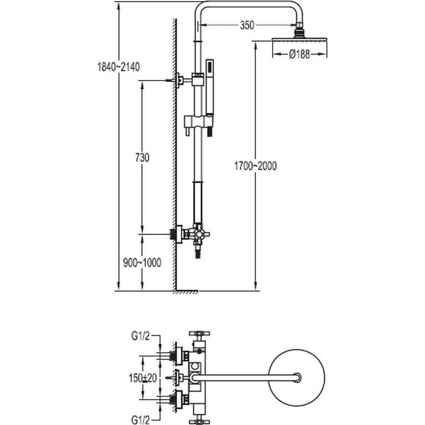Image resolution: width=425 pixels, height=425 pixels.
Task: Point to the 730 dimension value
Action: (x=142, y=158)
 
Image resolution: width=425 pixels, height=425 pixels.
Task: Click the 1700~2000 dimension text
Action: (x=255, y=166)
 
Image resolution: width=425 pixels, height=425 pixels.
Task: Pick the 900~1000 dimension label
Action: (x=142, y=263)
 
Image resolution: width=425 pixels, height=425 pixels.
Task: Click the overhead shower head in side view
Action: (x=300, y=39)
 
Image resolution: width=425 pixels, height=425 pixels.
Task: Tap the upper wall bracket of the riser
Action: (x=180, y=81)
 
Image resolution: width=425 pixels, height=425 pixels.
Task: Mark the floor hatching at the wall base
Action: (x=187, y=293)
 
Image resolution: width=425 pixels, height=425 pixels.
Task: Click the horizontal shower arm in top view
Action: (x=245, y=378)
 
